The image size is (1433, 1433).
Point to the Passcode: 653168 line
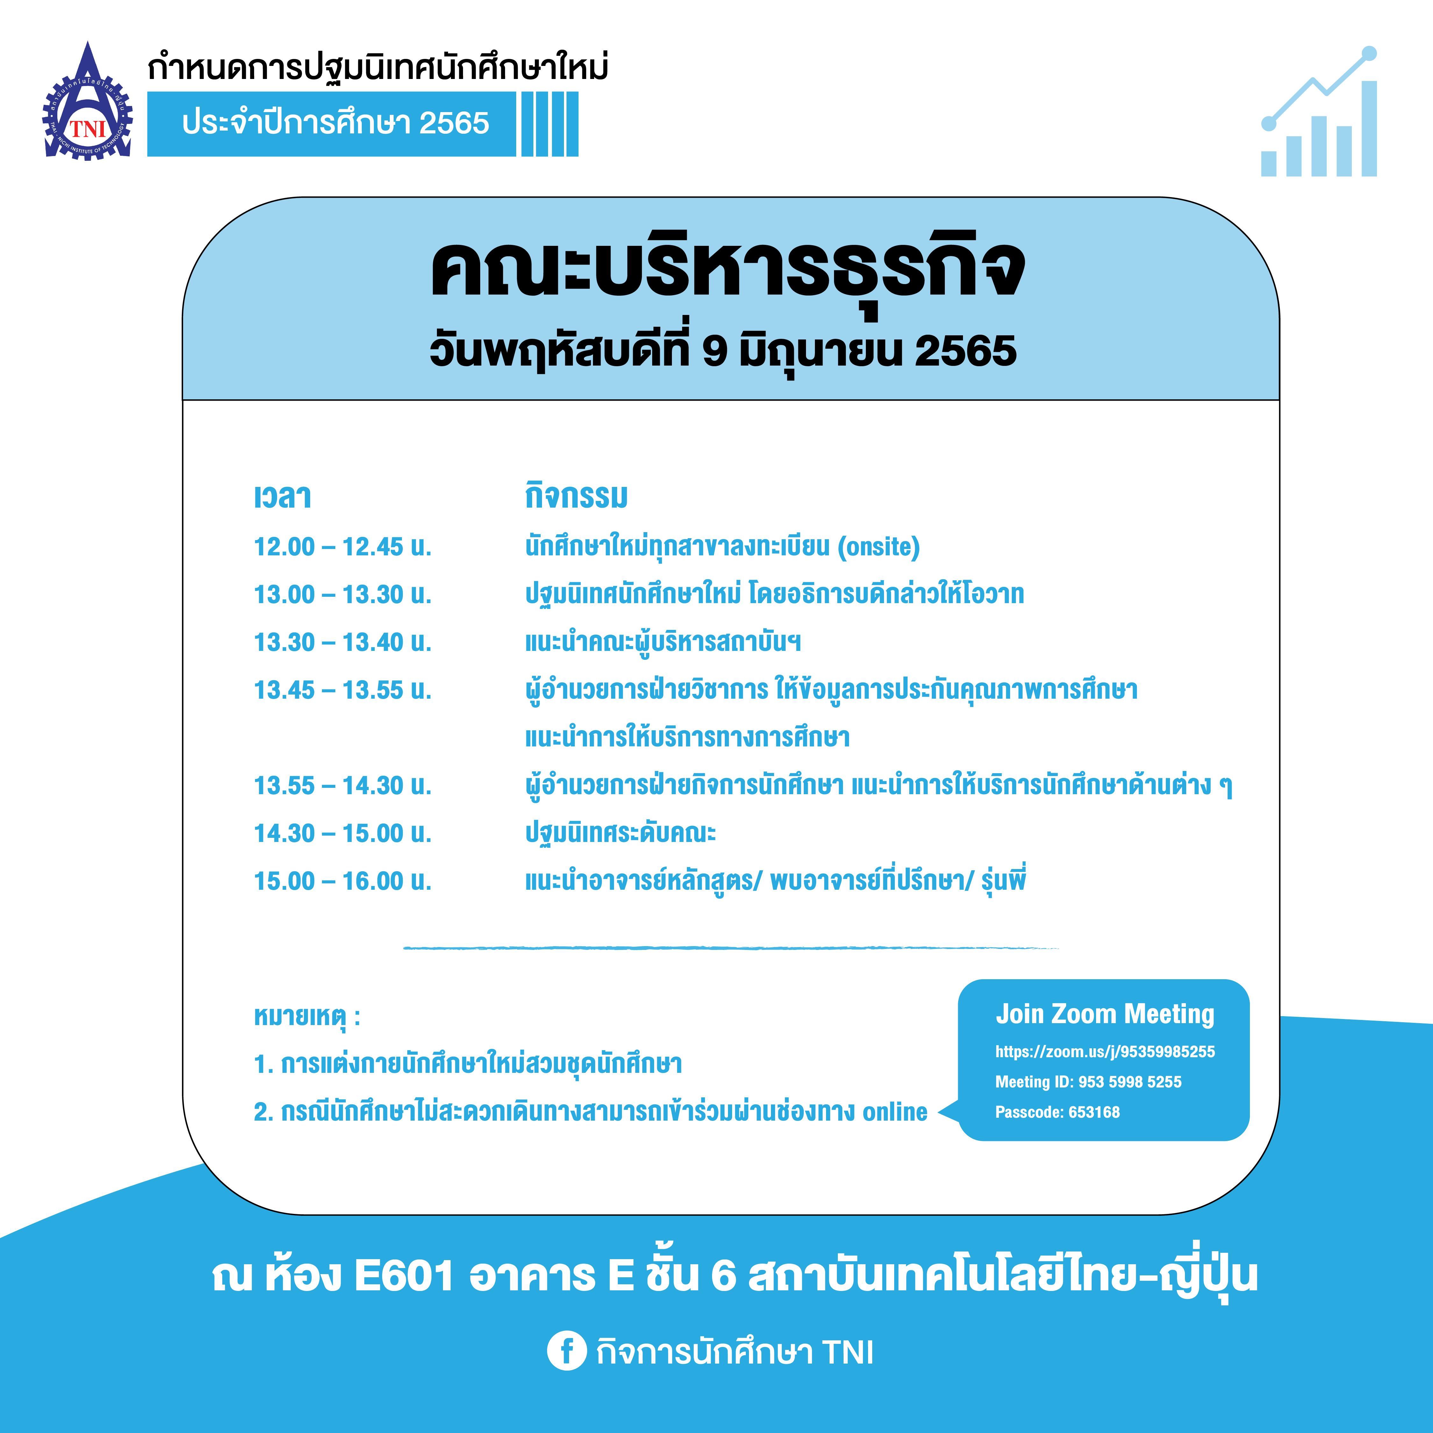coord(1057,1112)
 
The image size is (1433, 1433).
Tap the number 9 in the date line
coord(714,351)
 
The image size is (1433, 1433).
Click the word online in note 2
coord(895,1112)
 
